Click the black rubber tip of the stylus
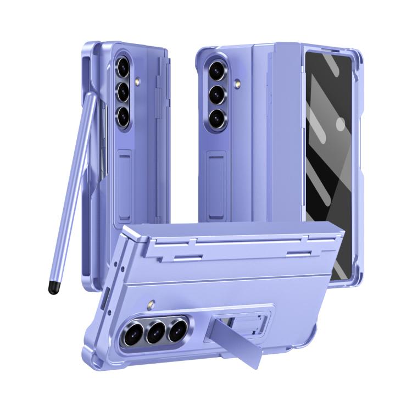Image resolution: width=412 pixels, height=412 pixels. [x=53, y=287]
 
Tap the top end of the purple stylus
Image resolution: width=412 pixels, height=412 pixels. [x=88, y=97]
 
